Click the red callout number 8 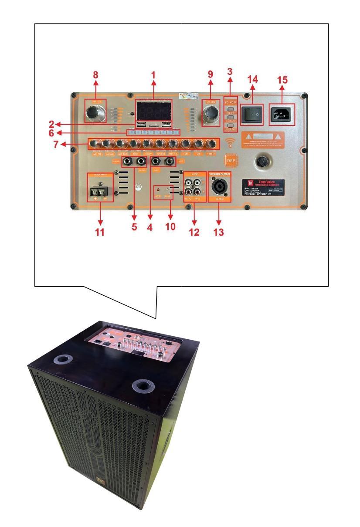pos(96,74)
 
